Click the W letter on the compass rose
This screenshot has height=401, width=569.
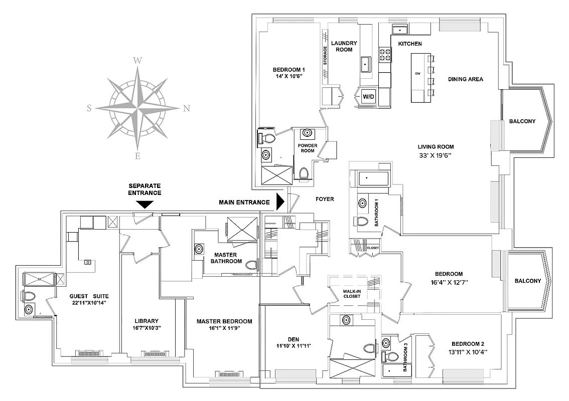point(137,61)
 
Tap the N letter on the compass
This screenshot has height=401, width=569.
point(186,108)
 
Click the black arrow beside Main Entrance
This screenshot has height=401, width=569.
point(280,203)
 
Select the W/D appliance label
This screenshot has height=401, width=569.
point(368,96)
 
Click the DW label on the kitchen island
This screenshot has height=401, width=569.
point(417,74)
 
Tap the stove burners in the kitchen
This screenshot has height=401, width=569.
point(385,54)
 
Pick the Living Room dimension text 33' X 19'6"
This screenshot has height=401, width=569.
point(436,155)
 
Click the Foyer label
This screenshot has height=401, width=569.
point(325,199)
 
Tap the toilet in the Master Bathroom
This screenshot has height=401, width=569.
point(252,265)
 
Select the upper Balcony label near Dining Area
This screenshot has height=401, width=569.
point(522,121)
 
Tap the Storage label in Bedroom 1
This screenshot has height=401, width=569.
point(325,56)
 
